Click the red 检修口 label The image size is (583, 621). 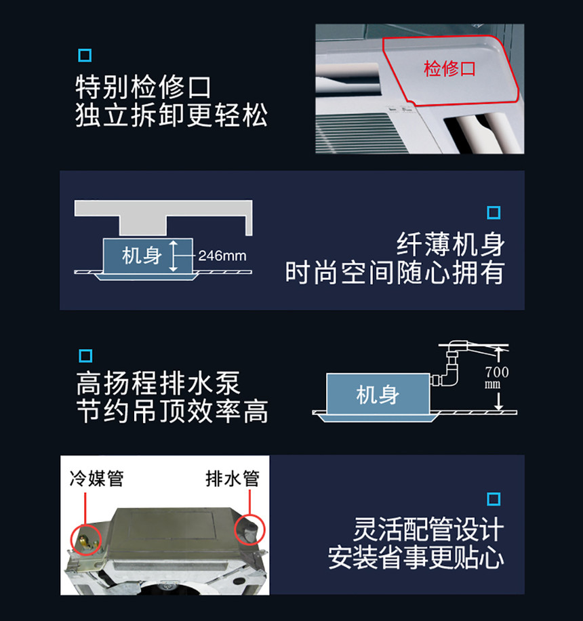[x=449, y=68]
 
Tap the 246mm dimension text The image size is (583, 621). [x=222, y=256]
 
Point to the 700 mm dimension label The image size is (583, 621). [x=497, y=378]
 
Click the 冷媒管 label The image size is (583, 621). [x=97, y=479]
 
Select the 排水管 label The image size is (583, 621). [x=233, y=479]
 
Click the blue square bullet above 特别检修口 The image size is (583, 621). [x=85, y=56]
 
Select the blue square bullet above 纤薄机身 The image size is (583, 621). [x=494, y=213]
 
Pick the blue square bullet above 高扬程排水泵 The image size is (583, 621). [x=85, y=356]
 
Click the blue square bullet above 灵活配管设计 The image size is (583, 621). [x=494, y=499]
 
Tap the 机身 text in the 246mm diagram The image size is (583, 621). [x=142, y=256]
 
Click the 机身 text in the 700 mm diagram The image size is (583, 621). [x=378, y=395]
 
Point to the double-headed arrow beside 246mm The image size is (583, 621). [x=173, y=256]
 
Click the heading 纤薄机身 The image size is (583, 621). [x=451, y=244]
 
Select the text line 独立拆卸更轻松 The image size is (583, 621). [x=172, y=115]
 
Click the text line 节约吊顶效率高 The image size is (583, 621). [x=172, y=412]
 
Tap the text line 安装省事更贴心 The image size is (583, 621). [x=416, y=558]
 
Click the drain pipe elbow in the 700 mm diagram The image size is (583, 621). [x=450, y=372]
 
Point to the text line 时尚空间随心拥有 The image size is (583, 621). [x=395, y=273]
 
